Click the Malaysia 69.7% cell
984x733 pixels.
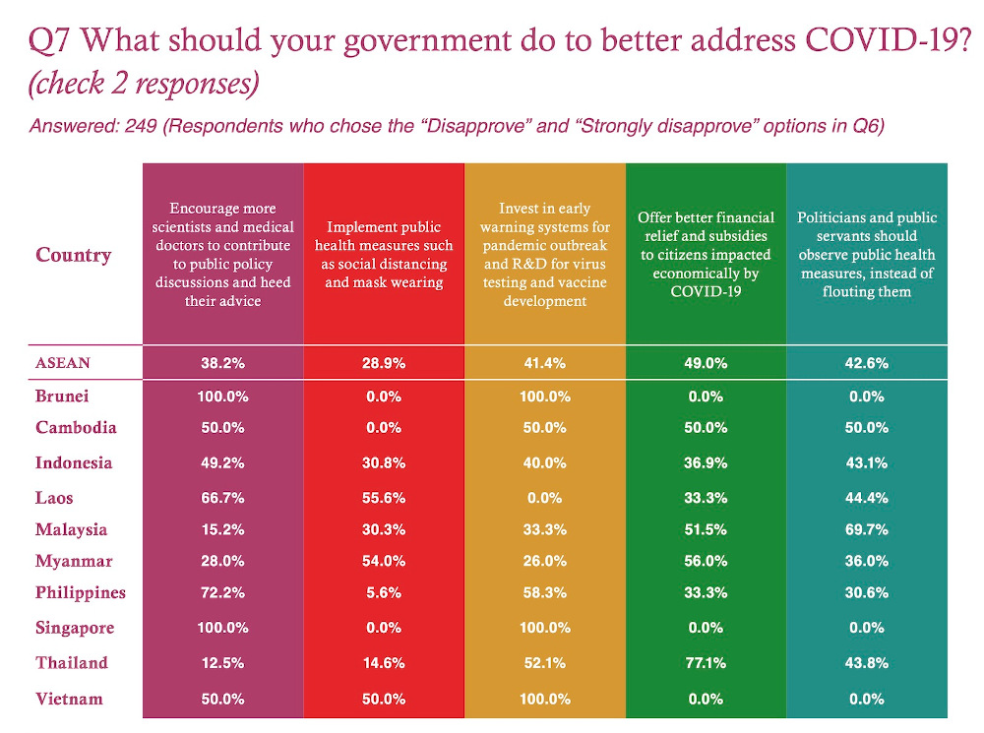coord(866,530)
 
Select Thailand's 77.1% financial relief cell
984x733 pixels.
coord(705,664)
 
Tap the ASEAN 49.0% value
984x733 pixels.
coord(705,363)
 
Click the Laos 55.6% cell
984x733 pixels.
coord(383,499)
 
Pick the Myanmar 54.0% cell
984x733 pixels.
coord(383,562)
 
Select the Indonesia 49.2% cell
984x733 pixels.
coord(222,463)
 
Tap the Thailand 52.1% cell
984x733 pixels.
coord(544,664)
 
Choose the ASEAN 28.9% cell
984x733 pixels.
coord(383,363)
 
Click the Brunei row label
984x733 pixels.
coord(62,396)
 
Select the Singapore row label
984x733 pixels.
coord(75,628)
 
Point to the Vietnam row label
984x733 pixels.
coord(69,699)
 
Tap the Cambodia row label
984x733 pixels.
coord(76,428)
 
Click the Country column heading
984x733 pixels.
coord(74,256)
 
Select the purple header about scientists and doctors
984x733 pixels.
coord(222,255)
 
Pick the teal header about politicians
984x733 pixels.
coord(866,255)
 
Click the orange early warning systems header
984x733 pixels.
coord(544,255)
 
